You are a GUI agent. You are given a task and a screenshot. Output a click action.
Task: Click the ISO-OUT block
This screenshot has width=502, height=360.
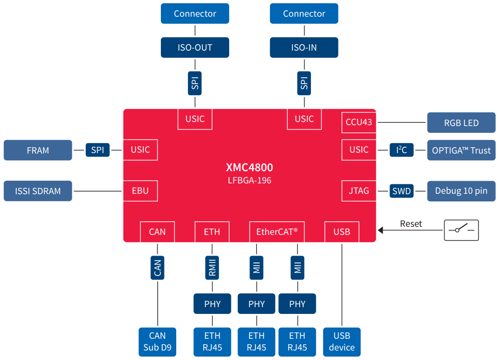195,47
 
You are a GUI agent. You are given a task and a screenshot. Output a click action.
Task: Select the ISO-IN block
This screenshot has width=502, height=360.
304,47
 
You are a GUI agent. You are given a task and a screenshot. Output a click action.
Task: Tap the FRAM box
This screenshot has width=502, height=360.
38,150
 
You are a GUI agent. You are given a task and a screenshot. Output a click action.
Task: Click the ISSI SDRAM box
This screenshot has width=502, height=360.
38,191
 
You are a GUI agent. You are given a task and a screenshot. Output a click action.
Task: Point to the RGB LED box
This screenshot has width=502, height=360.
461,123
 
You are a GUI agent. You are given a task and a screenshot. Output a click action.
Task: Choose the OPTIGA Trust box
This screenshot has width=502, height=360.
461,150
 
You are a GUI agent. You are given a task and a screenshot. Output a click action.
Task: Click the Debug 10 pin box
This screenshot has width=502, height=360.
461,191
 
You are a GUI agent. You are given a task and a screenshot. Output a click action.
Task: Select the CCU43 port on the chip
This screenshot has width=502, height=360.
359,122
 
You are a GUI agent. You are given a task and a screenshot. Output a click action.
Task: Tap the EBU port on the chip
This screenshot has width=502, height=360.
140,191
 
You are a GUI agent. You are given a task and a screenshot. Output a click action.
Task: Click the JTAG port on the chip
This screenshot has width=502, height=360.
359,191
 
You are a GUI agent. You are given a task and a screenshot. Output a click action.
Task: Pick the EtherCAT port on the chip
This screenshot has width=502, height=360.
277,232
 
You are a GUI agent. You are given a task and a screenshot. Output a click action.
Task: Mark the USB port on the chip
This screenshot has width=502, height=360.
342,232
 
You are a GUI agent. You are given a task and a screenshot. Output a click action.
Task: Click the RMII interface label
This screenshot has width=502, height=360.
212,268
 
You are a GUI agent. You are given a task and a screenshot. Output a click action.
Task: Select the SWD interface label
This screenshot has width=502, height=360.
402,191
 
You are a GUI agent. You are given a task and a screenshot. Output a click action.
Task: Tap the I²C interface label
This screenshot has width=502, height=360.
402,150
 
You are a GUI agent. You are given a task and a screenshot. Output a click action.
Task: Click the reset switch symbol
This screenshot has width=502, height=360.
461,230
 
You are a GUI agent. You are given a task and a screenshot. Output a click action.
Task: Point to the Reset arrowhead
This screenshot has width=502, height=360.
380,230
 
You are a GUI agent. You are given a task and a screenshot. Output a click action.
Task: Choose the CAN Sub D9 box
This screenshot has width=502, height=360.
157,341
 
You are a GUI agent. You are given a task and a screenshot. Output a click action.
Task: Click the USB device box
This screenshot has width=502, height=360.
342,341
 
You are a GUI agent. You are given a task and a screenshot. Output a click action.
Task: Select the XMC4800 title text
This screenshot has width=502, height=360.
249,168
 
